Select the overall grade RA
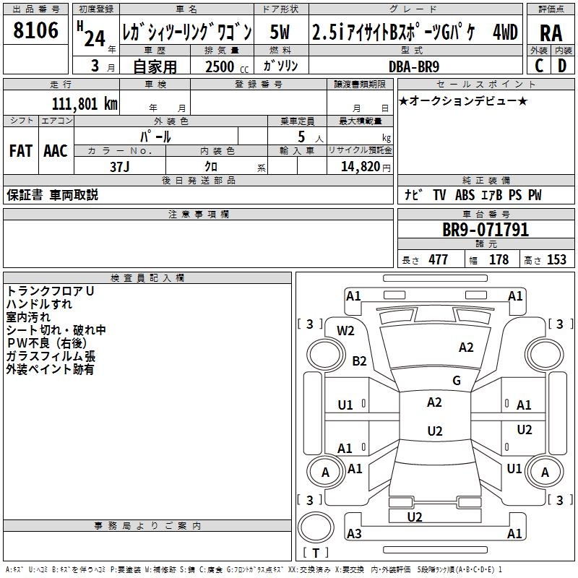pos(551,33)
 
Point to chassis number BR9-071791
pos(486,230)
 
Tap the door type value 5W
pos(282,33)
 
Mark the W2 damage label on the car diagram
pos(346,331)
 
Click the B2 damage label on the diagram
pos(359,361)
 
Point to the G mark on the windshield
pos(457,381)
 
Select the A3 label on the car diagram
pos(354,533)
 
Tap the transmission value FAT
pos(20,150)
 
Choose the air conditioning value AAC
pos(56,150)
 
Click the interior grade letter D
pos(561,64)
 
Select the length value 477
pos(438,260)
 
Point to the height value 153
pos(556,260)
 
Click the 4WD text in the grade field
pos(505,33)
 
